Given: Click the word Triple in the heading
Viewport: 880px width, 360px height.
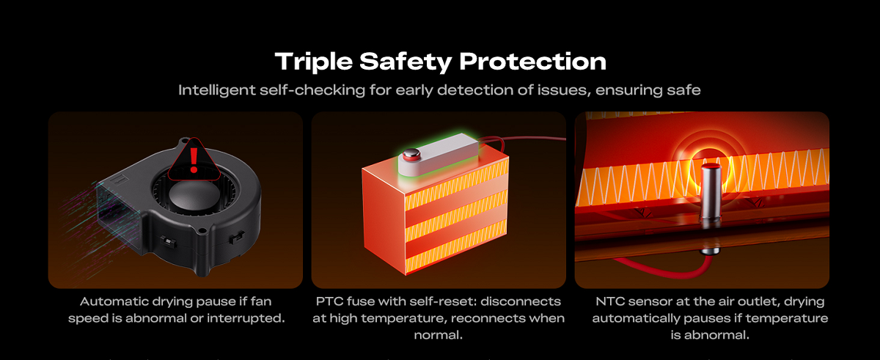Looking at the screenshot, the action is pos(314,62).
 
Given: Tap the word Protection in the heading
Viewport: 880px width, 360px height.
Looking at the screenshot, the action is pos(532,62).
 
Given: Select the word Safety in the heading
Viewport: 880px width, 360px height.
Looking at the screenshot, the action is pos(405,62).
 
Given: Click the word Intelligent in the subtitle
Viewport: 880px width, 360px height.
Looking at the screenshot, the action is pos(217,90).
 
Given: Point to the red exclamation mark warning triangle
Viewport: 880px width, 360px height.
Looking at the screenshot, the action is pos(194,160).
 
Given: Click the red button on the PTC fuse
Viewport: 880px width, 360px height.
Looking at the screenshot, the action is pos(411,155).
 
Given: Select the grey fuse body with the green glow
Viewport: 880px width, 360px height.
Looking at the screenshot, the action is pos(439,154).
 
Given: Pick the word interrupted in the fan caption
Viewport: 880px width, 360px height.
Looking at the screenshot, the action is pos(246,318).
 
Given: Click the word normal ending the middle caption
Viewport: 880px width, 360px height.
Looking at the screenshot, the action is pos(438,335).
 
